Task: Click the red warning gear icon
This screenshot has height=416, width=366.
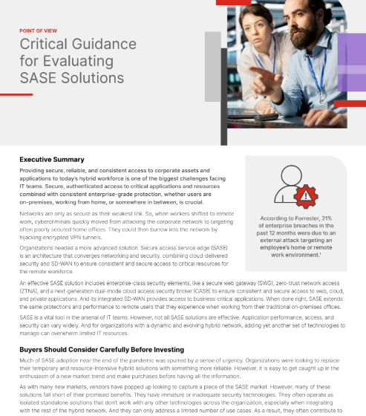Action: click(x=306, y=195)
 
